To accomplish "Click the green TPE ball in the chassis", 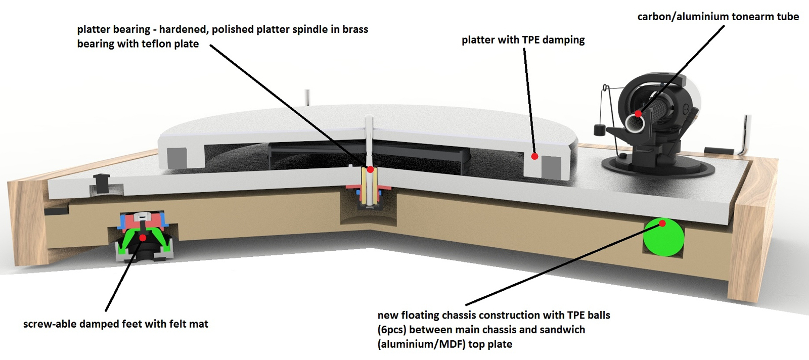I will pos(663,237).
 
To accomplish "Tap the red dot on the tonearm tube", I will pos(639,114).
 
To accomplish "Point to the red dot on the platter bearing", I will pos(370,169).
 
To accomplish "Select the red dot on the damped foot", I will pos(143,238).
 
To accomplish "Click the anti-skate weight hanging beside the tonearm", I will pos(599,130).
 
